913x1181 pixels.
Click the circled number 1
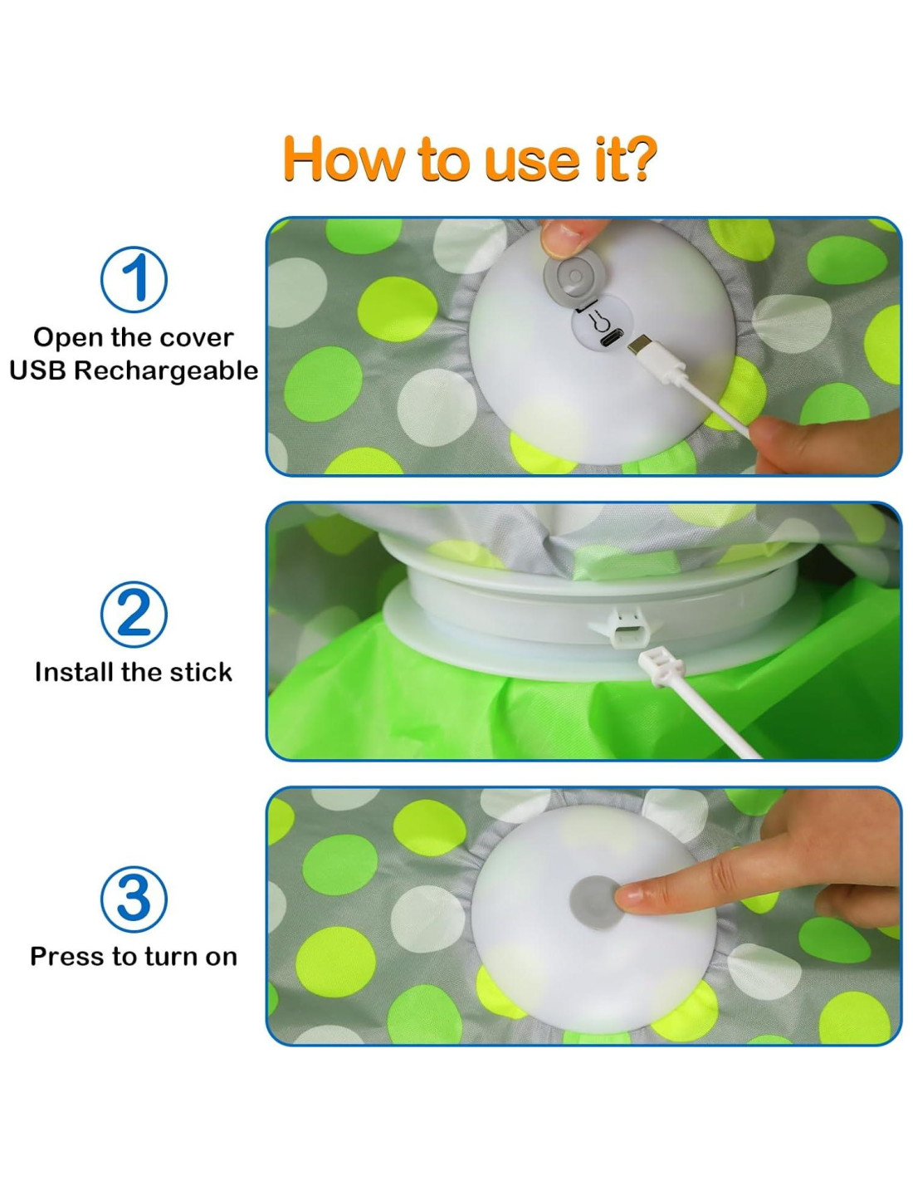click(134, 279)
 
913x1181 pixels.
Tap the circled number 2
click(134, 614)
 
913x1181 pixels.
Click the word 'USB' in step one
click(37, 370)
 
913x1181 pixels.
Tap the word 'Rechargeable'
click(166, 370)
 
